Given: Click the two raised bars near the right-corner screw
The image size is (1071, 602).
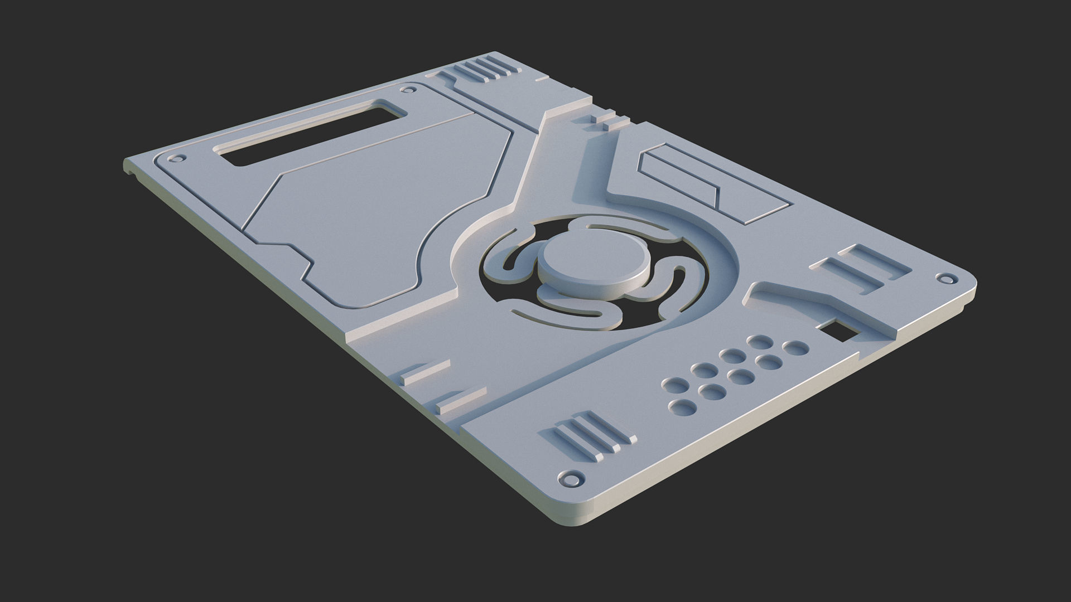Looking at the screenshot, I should click(859, 269).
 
